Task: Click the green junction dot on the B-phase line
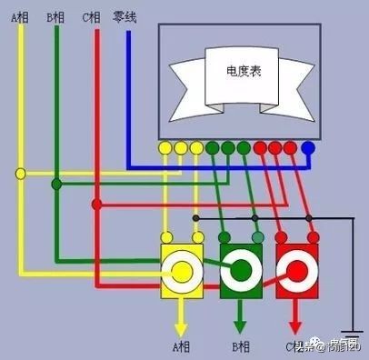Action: click(56, 185)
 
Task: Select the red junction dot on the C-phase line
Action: click(95, 204)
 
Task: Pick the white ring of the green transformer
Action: click(241, 270)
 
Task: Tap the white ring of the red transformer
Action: click(296, 270)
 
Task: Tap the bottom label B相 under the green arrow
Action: click(241, 346)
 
